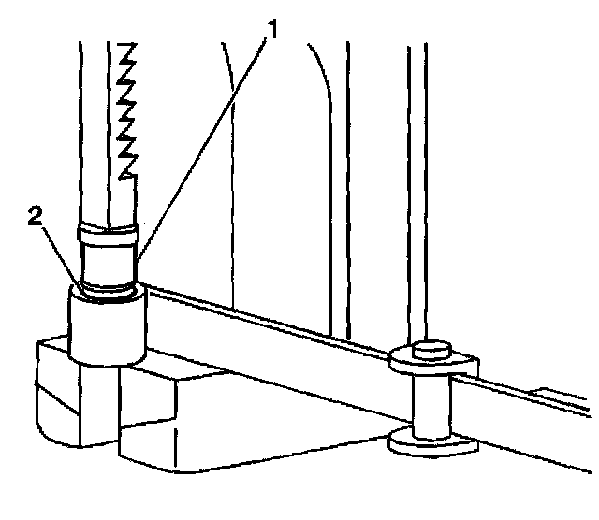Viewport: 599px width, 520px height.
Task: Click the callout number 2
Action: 36,217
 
